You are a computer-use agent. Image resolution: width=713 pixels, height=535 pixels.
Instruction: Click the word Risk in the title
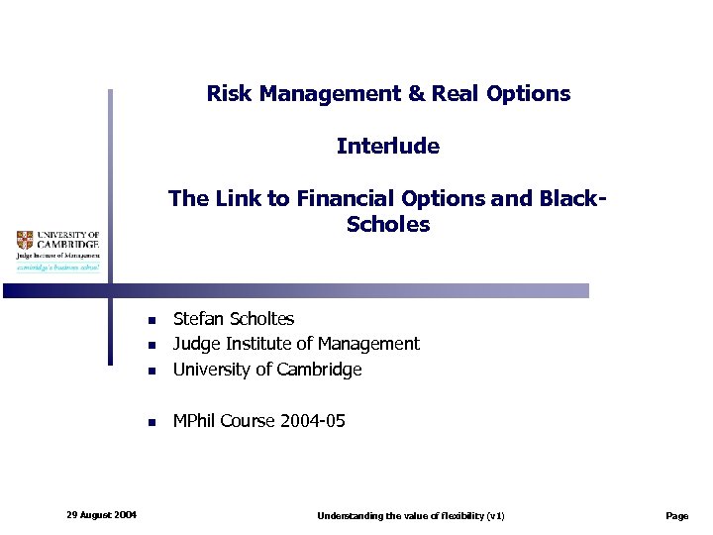click(x=227, y=94)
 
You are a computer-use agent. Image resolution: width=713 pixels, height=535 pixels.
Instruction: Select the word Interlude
click(x=387, y=147)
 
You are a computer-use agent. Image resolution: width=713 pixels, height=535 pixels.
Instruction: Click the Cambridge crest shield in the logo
click(x=25, y=240)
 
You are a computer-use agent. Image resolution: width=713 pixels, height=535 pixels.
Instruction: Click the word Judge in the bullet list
click(x=195, y=344)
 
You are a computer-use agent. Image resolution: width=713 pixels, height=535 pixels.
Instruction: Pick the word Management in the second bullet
click(x=372, y=344)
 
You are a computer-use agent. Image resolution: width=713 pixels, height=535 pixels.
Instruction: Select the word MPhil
click(x=194, y=421)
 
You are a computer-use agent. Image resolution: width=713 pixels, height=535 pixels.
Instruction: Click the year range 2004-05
click(x=312, y=421)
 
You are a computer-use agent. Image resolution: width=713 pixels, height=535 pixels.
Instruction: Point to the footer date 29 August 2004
click(x=102, y=514)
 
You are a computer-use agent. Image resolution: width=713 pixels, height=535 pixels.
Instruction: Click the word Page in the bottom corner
click(x=677, y=516)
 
